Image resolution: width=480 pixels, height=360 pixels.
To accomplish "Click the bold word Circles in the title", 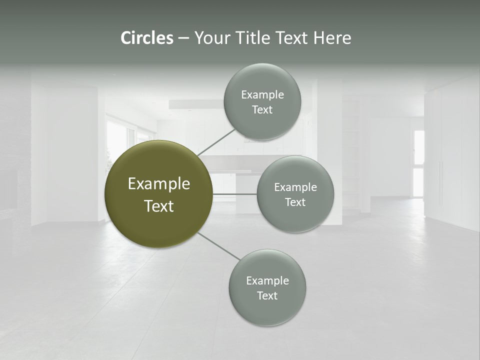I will [146, 38].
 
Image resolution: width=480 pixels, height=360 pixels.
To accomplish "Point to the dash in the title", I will [183, 38].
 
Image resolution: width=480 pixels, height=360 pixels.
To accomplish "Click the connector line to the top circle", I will [216, 142].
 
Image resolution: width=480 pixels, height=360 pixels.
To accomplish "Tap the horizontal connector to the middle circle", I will [235, 193].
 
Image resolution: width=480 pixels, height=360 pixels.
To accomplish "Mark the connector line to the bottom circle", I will [219, 246].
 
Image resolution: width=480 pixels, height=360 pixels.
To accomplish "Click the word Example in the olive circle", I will [159, 184].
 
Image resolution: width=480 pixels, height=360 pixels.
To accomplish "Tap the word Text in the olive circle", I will [159, 206].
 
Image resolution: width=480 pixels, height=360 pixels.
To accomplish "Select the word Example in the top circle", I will [262, 95].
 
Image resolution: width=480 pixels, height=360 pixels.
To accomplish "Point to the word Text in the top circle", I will [262, 110].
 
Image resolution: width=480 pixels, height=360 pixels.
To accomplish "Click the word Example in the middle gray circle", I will [295, 187].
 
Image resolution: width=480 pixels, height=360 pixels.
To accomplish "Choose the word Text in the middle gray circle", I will [295, 202].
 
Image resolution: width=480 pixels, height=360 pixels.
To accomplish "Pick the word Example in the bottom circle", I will [267, 281].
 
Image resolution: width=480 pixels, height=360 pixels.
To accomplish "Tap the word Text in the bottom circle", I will [267, 296].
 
